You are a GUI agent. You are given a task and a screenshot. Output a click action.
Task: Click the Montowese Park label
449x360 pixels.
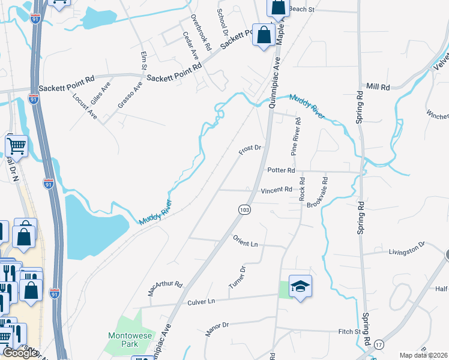coord(124,340)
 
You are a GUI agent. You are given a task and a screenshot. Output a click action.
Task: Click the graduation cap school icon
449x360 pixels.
coord(300,286)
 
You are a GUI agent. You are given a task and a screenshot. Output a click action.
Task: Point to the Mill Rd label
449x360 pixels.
coord(378,87)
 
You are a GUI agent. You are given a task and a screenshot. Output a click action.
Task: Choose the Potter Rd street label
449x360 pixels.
coord(283,170)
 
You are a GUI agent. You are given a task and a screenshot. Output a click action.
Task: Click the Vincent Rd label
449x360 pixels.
coord(276,190)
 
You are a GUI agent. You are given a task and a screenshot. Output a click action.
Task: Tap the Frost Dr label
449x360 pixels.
coord(250,149)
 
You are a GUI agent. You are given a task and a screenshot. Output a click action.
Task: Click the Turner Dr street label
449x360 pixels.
coord(238,277)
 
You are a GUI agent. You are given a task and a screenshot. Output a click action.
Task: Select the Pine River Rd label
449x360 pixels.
coord(296,136)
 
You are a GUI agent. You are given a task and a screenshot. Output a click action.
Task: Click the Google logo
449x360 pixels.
coord(20,353)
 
